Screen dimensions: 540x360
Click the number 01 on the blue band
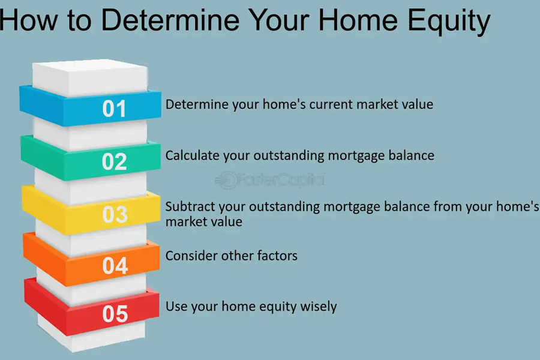[114, 109]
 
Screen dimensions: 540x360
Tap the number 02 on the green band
[115, 161]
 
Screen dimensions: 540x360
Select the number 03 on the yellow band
[115, 214]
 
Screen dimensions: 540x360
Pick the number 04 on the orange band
[115, 266]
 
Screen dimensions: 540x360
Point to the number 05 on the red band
[115, 314]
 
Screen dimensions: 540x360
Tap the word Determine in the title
[170, 20]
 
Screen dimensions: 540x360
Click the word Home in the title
[358, 20]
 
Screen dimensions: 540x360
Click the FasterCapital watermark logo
[270, 179]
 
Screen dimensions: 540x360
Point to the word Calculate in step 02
[193, 155]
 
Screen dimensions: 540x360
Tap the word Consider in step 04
[191, 256]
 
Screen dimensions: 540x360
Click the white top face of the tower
[90, 77]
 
